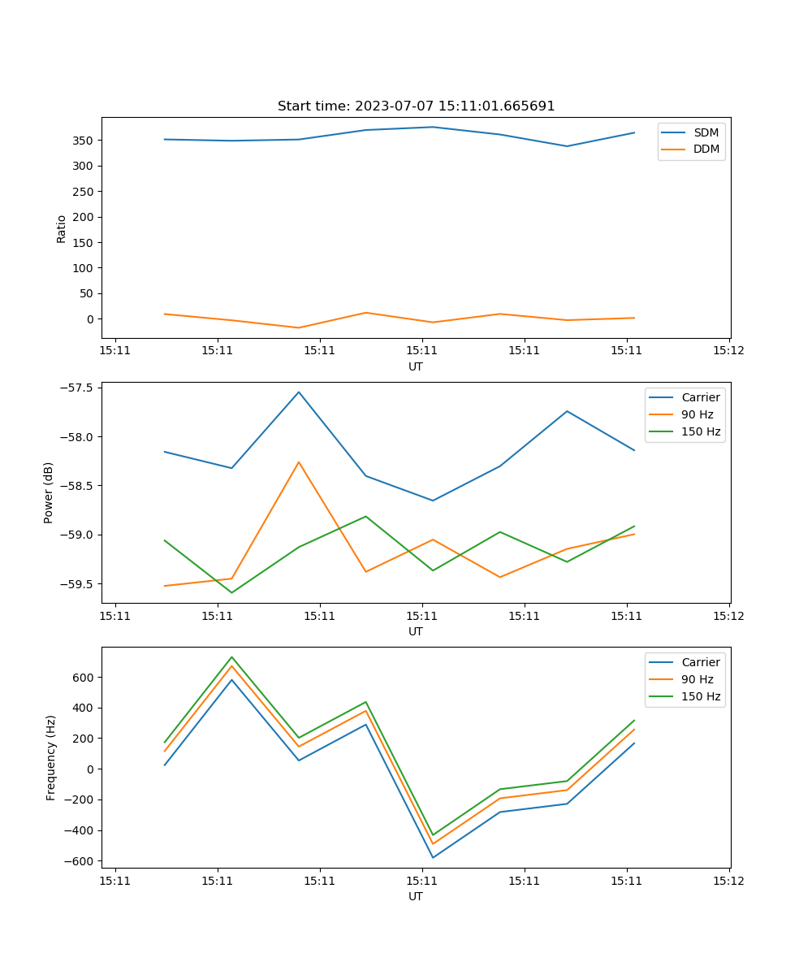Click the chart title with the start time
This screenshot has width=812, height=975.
pos(416,106)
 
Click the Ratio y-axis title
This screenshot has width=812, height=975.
pos(62,228)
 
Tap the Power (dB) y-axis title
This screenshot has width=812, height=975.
pos(49,492)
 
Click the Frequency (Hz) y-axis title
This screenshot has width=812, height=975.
pos(51,757)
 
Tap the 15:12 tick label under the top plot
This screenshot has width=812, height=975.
pos(728,351)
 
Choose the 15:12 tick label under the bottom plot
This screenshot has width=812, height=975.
pos(728,881)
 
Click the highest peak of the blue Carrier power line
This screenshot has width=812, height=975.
pos(299,392)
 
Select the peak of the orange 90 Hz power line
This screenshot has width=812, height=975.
pos(299,462)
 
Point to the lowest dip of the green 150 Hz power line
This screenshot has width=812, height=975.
pos(231,592)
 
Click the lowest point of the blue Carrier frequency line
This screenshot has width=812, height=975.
pos(433,857)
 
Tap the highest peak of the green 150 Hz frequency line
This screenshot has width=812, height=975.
pos(231,657)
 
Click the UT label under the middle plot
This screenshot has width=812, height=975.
pos(416,631)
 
